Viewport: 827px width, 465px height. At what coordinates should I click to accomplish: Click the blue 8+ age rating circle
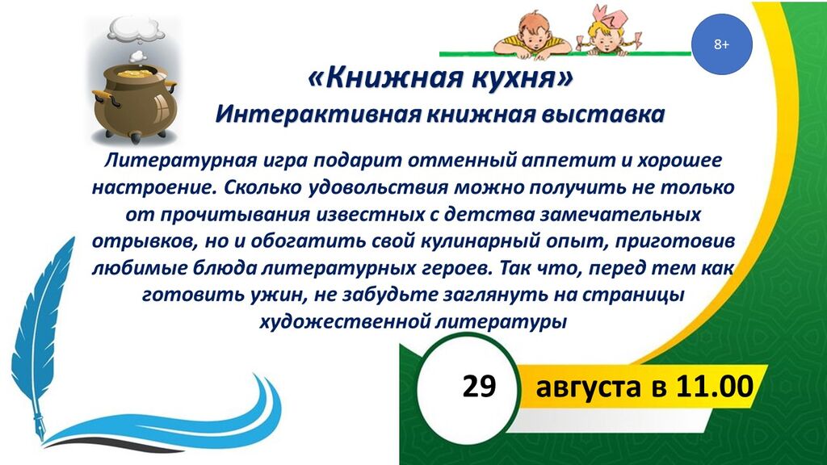(721, 44)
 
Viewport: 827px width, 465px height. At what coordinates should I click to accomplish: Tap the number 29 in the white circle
(479, 386)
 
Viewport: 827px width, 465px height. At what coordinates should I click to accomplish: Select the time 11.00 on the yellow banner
(715, 386)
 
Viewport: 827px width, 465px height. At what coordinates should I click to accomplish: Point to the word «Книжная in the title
(384, 78)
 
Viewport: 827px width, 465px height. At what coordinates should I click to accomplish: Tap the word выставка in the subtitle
(604, 115)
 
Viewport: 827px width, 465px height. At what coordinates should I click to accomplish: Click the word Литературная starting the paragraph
(180, 161)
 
